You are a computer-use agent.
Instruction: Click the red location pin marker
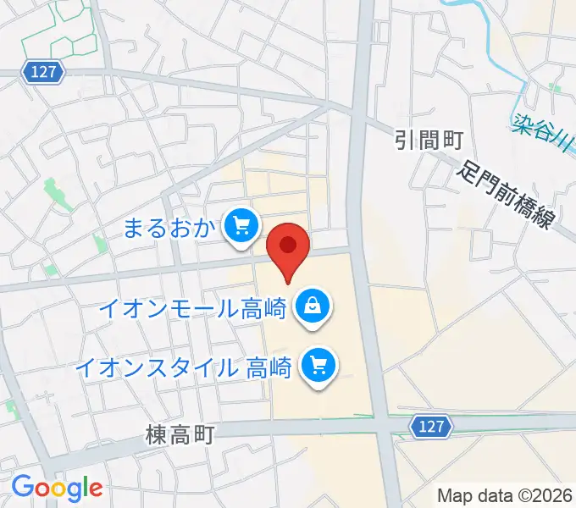pyautogui.click(x=288, y=248)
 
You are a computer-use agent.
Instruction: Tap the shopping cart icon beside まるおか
pyautogui.click(x=241, y=226)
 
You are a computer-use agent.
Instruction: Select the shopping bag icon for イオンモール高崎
pyautogui.click(x=313, y=306)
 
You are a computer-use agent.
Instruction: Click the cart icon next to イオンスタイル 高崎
pyautogui.click(x=320, y=367)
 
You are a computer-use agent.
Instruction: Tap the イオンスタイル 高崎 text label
pyautogui.click(x=183, y=368)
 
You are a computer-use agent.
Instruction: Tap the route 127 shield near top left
pyautogui.click(x=44, y=73)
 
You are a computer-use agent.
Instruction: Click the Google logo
pyautogui.click(x=57, y=488)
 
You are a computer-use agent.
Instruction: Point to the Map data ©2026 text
pyautogui.click(x=505, y=495)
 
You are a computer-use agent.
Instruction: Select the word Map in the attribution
pyautogui.click(x=454, y=495)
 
